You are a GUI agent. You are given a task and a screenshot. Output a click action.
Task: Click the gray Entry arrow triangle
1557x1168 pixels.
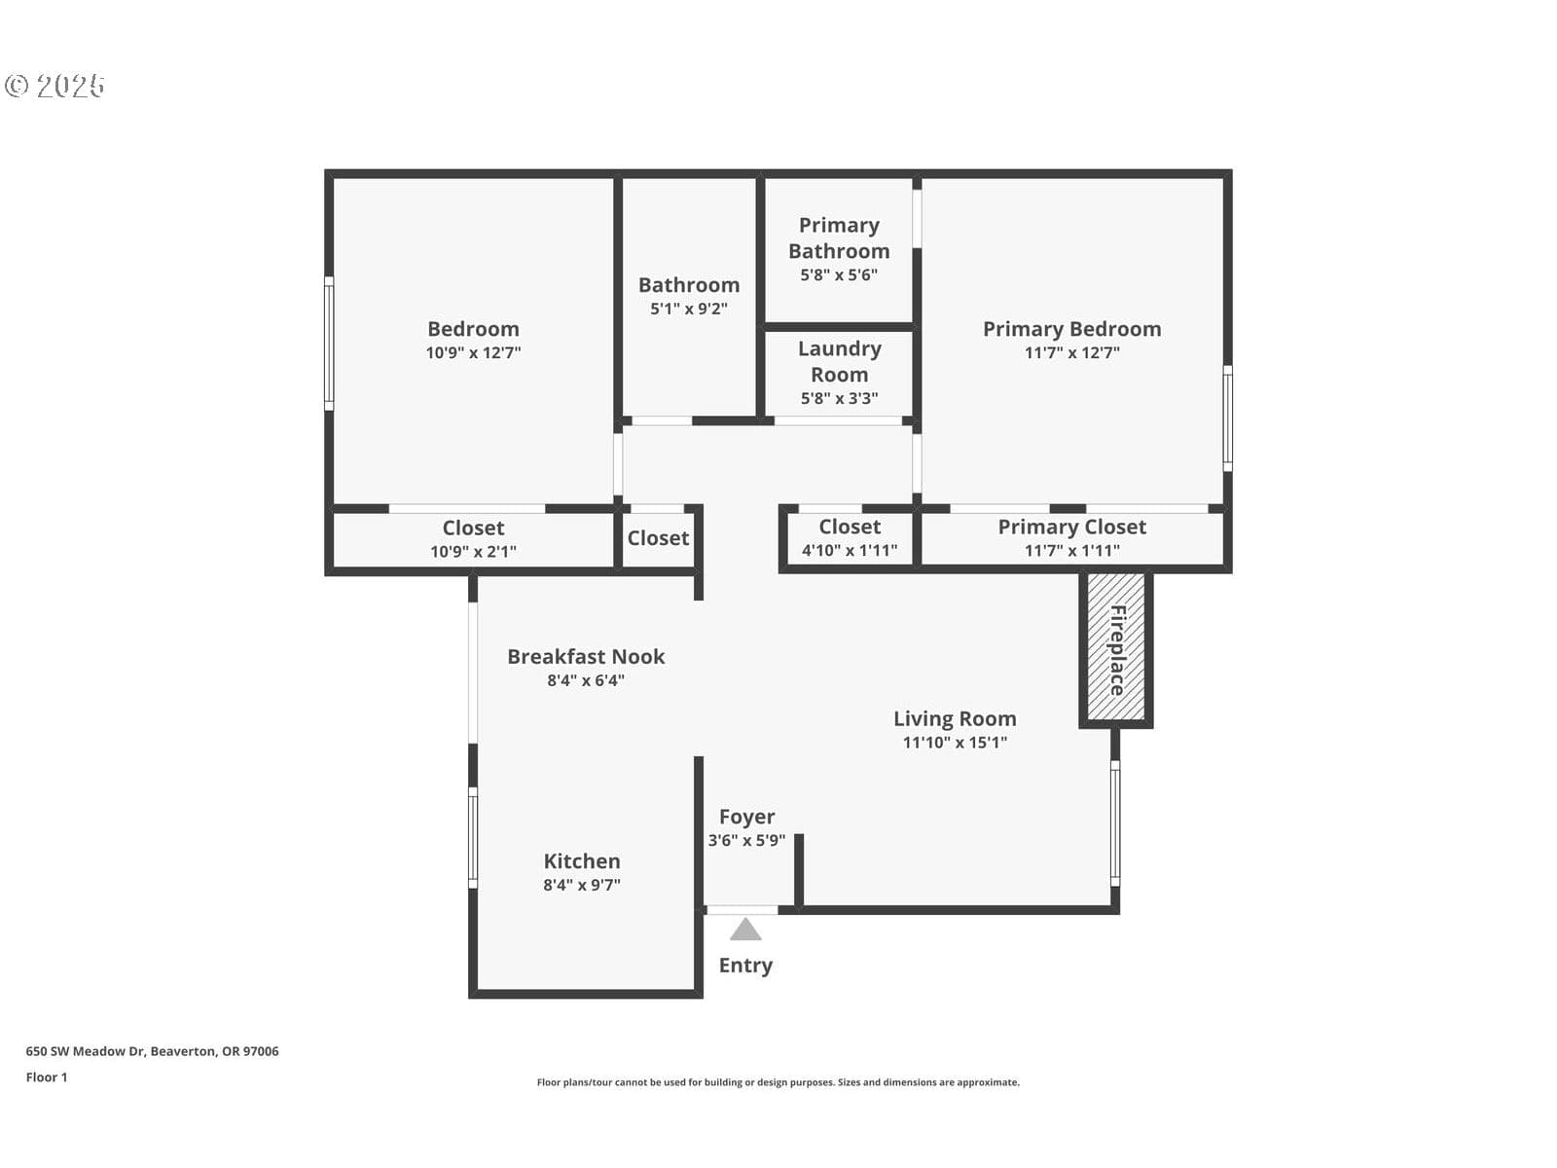click(x=744, y=929)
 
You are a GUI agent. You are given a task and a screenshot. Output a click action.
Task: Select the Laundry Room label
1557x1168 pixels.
click(x=839, y=361)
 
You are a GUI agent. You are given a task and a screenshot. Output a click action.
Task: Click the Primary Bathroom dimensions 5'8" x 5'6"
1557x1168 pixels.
click(x=839, y=274)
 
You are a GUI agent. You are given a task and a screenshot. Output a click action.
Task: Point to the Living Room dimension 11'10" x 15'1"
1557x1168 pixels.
click(x=955, y=742)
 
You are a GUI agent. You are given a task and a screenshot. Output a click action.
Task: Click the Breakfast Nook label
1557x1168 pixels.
click(x=586, y=656)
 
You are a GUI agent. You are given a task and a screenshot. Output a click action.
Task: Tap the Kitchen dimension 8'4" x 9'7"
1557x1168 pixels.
click(x=582, y=885)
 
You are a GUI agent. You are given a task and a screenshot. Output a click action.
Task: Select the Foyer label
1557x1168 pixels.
click(x=746, y=817)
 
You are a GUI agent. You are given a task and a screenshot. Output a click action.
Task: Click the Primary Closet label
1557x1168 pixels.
click(x=1071, y=527)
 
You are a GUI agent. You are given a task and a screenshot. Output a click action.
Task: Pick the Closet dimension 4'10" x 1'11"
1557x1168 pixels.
click(x=850, y=550)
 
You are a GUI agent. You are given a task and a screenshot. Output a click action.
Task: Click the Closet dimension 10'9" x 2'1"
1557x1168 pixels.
click(x=473, y=551)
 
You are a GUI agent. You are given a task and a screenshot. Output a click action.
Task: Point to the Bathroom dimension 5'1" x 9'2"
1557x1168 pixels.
click(x=689, y=309)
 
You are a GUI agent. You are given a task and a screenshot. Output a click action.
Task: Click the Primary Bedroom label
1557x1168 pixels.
click(x=1071, y=329)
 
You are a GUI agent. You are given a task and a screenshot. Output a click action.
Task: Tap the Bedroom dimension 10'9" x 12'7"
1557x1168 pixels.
click(x=473, y=352)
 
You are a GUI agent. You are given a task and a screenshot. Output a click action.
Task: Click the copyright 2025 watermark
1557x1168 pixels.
click(x=54, y=86)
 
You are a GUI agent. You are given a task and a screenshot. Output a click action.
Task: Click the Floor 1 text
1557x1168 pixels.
click(x=47, y=1077)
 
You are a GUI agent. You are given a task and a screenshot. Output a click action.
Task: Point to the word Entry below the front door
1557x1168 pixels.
click(x=745, y=966)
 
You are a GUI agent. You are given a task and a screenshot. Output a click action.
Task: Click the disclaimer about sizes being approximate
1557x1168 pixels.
click(x=778, y=1082)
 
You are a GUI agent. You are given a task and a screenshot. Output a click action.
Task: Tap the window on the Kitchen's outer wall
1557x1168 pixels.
click(x=472, y=837)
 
